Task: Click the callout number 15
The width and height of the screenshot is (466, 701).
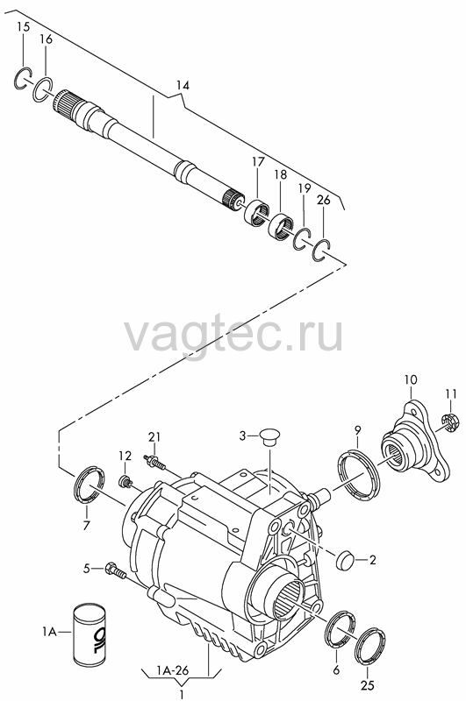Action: [x=24, y=27]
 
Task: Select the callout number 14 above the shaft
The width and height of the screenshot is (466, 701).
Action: [x=183, y=85]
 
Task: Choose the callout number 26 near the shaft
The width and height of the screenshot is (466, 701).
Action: [x=323, y=200]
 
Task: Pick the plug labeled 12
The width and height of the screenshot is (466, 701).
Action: [x=125, y=481]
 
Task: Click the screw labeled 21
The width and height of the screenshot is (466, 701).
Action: [x=154, y=463]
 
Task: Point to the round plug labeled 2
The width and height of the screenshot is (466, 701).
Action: [x=345, y=560]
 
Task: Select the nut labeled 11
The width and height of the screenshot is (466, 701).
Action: [x=448, y=423]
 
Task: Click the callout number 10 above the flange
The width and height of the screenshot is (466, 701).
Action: [x=411, y=380]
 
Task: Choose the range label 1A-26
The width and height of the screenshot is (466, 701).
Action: [x=173, y=670]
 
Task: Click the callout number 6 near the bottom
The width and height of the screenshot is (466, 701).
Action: [x=336, y=669]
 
